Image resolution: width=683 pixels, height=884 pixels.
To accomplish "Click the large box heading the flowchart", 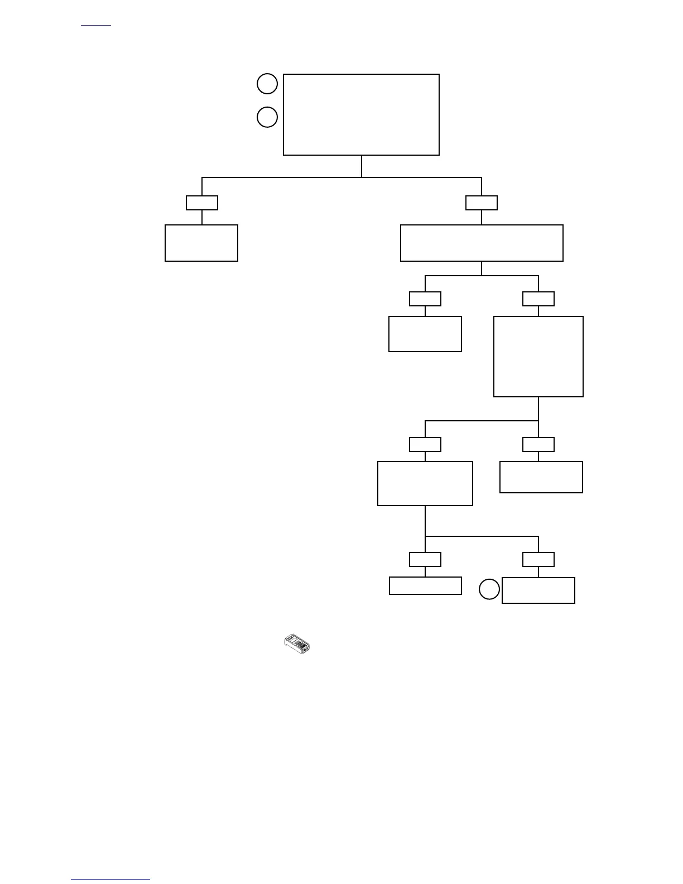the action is click(x=361, y=114).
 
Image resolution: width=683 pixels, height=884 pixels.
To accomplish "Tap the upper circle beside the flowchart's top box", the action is click(x=267, y=84).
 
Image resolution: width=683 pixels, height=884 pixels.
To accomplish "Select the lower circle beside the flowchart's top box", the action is click(x=267, y=117).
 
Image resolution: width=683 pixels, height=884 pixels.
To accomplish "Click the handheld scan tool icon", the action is click(x=298, y=643).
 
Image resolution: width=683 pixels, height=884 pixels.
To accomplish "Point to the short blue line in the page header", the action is click(x=96, y=26).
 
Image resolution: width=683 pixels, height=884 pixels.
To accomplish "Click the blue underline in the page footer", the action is click(x=110, y=880).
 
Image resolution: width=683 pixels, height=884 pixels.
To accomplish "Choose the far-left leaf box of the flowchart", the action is click(x=201, y=243).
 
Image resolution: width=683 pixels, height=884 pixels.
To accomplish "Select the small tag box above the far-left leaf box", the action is click(x=202, y=203).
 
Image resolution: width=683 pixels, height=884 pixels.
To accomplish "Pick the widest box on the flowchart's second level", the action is click(x=482, y=243).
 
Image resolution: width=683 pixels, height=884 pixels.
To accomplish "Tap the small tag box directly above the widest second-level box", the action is click(x=482, y=203).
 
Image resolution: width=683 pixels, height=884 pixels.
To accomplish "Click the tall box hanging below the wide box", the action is click(x=538, y=357).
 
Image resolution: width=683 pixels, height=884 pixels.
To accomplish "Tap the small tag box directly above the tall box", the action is click(x=538, y=299).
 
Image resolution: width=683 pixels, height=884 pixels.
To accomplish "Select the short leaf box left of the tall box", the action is click(x=425, y=334).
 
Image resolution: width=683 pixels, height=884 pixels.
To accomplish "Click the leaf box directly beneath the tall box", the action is click(x=541, y=477).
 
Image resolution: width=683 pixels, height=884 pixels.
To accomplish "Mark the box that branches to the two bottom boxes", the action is click(x=425, y=483).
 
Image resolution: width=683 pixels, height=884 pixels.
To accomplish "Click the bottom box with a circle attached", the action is click(x=538, y=590).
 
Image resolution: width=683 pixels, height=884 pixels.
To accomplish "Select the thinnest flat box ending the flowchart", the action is click(x=425, y=585).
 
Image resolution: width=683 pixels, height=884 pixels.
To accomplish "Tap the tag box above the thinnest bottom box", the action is click(x=425, y=559).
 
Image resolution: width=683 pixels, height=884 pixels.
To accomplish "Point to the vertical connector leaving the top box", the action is click(x=362, y=166).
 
